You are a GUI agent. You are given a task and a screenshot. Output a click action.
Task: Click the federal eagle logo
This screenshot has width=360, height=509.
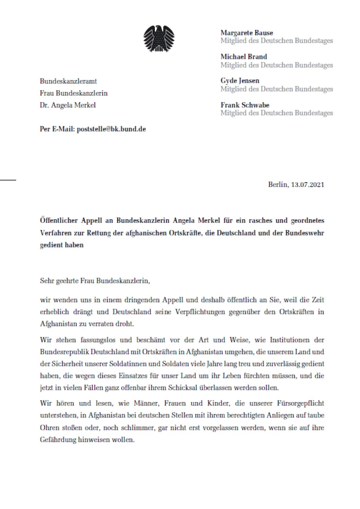point(159,39)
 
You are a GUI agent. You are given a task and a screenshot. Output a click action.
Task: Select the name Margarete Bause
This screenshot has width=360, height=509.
point(247,33)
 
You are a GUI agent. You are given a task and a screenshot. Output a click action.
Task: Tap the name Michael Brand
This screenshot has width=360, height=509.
point(244,57)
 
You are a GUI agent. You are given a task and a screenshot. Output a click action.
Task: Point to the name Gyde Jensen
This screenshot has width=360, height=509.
point(240,81)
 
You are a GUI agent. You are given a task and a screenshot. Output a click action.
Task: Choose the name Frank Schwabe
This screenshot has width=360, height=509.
point(245,105)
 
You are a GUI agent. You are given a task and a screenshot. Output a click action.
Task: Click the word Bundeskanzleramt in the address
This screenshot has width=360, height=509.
point(68,81)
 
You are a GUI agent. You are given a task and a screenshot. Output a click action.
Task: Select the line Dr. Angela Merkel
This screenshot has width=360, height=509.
point(68,105)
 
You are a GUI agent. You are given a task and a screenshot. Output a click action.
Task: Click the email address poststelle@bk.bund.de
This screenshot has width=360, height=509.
point(111,129)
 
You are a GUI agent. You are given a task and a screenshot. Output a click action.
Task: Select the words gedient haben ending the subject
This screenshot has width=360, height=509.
point(61,245)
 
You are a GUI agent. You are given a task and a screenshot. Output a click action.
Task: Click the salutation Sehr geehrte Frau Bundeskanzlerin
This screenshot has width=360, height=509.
point(95,281)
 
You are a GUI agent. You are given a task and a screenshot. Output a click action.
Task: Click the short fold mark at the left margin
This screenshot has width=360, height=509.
point(8,178)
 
